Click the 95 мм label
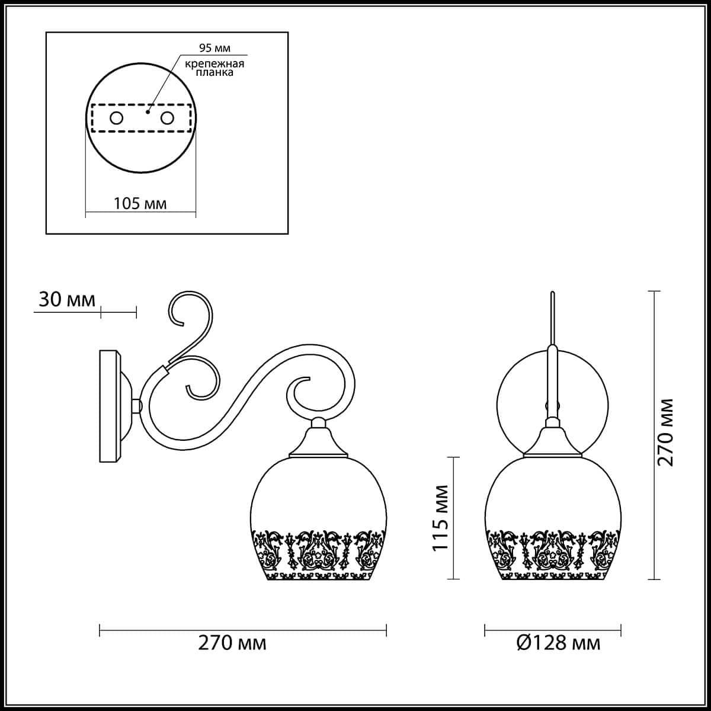(214, 48)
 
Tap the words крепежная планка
(214, 68)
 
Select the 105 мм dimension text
(140, 204)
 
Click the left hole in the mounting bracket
(116, 118)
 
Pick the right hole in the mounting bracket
(166, 118)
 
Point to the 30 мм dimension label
(67, 300)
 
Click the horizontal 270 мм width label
(232, 643)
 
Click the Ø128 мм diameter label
(559, 643)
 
